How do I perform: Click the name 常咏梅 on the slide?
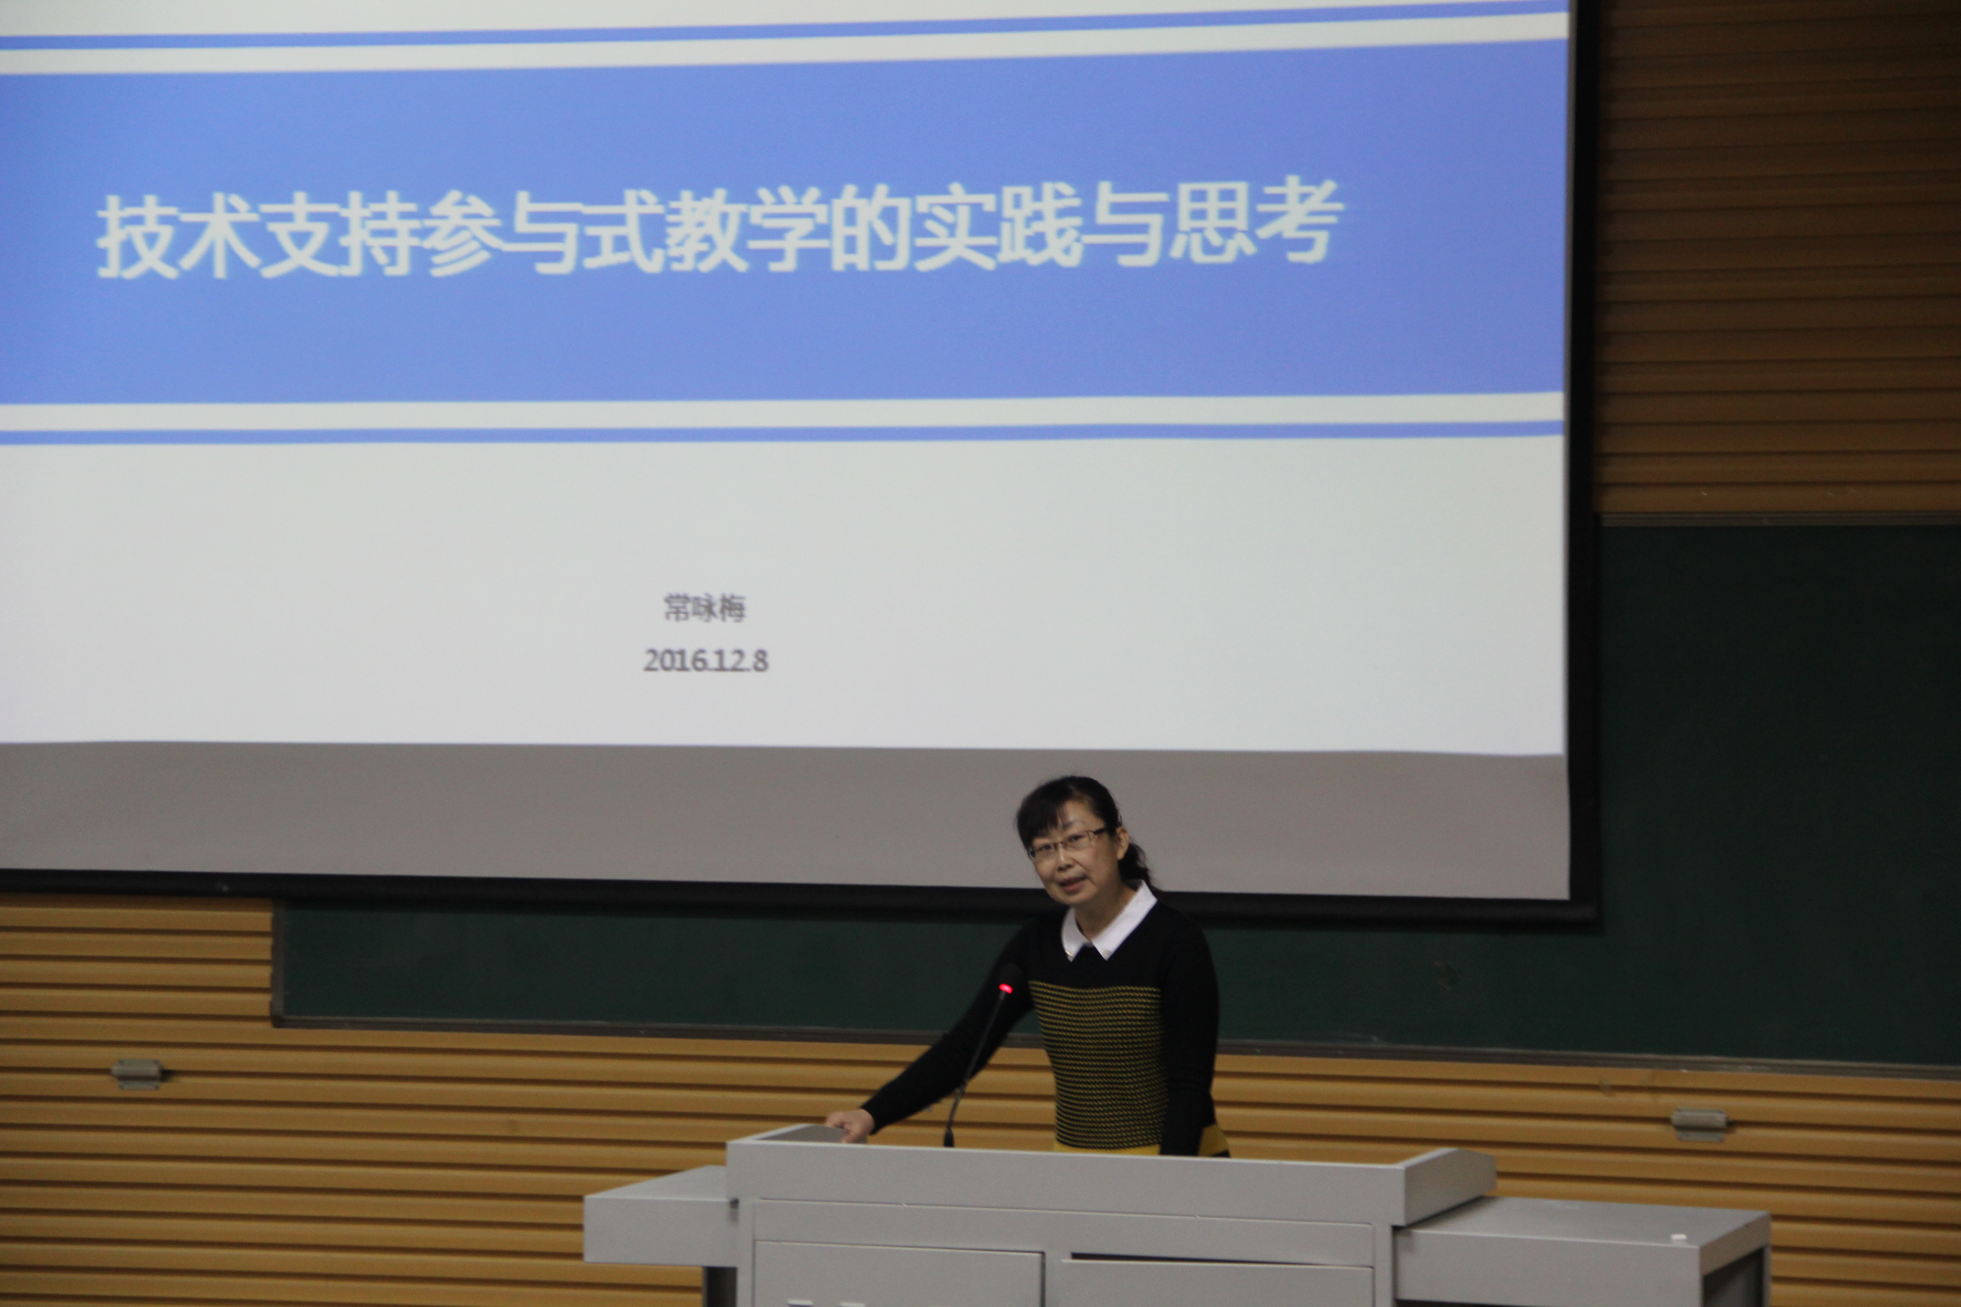704,608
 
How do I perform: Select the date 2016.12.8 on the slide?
705,660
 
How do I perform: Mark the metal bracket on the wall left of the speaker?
137,1073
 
